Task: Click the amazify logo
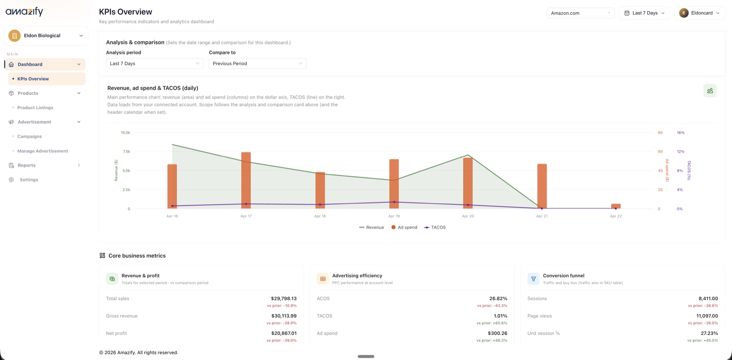24,11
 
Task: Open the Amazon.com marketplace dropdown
580,13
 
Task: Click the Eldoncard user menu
699,13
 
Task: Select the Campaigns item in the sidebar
29,136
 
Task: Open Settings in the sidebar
28,180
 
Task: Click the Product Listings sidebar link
35,107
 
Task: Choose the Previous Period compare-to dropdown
257,64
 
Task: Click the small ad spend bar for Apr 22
616,206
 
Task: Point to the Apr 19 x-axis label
394,216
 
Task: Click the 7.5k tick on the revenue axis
126,151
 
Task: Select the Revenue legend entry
371,227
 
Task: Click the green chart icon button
710,91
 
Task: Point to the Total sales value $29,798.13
284,299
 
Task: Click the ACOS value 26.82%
498,299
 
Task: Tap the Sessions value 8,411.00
708,299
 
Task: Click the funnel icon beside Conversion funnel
533,279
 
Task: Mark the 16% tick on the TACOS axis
680,133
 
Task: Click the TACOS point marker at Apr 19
394,202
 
